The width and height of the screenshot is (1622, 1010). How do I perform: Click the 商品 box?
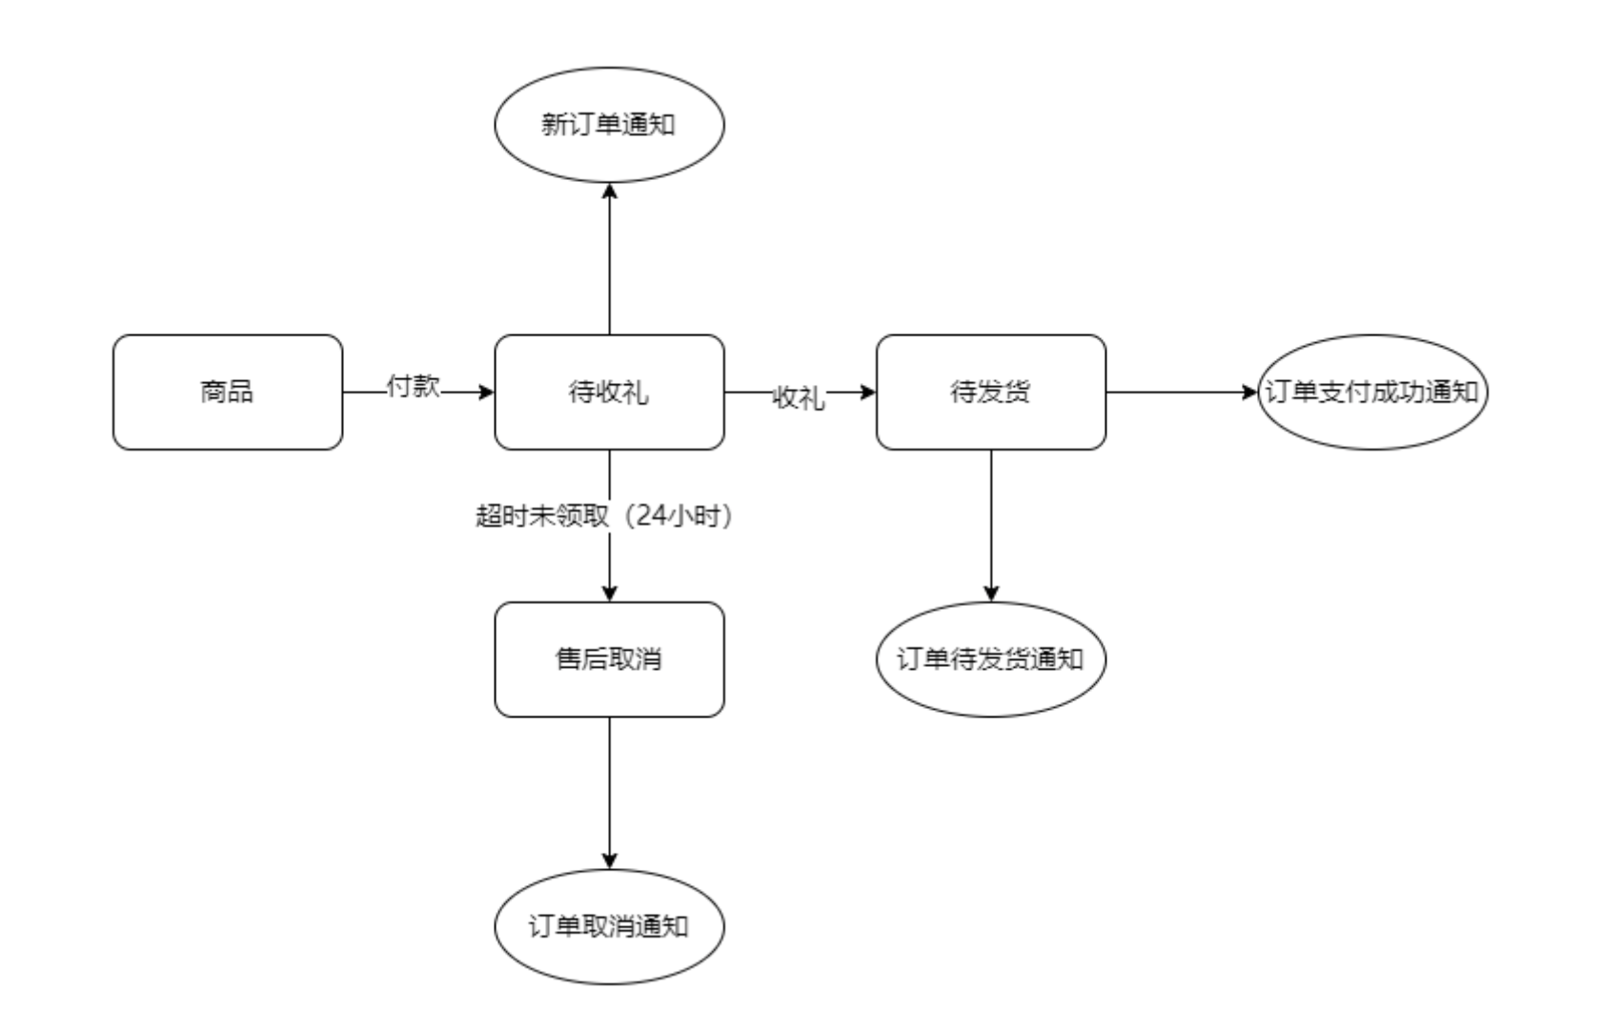(x=228, y=392)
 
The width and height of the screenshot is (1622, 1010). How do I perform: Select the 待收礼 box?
(x=609, y=392)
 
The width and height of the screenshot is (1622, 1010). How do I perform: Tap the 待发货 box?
(x=990, y=392)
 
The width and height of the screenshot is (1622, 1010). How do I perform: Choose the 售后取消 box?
(x=609, y=658)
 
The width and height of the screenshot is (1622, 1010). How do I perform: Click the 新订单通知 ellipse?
(x=609, y=124)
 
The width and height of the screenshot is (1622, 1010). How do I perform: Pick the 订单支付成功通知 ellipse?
(x=1371, y=392)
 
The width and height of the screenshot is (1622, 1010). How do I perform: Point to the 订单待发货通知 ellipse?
(x=990, y=658)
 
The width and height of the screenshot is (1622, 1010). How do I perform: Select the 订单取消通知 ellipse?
(x=609, y=926)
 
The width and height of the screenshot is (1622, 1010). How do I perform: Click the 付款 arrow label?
(x=413, y=387)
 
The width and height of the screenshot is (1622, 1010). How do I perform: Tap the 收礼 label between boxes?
(x=799, y=397)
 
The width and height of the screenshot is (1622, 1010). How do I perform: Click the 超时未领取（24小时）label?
(x=604, y=515)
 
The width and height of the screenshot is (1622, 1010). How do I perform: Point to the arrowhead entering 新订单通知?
(x=610, y=191)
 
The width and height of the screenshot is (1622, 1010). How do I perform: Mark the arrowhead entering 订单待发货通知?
(x=991, y=593)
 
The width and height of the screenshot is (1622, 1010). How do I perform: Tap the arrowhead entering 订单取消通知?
(x=610, y=860)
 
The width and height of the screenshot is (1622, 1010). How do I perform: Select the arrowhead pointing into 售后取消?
(x=610, y=593)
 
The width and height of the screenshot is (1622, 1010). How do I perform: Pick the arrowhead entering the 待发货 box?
(x=867, y=392)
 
